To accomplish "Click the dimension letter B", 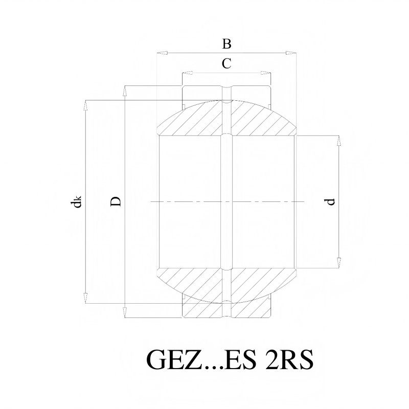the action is click(x=226, y=44).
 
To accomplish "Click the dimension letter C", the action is click(x=226, y=63).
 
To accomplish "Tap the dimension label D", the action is click(x=116, y=201).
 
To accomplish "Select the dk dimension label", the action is click(x=76, y=201).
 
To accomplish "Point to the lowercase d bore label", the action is click(x=330, y=202).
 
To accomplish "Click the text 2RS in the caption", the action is click(x=289, y=359).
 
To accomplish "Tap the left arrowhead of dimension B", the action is click(x=162, y=53).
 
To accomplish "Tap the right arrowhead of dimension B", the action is click(x=291, y=53).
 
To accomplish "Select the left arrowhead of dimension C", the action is click(x=187, y=73).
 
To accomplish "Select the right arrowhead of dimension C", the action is click(x=266, y=73).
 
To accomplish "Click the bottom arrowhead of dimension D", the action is click(x=125, y=313).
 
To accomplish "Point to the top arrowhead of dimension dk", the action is click(x=85, y=105).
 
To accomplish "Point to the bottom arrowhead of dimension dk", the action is click(x=85, y=298).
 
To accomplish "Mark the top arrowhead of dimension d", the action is click(x=339, y=141).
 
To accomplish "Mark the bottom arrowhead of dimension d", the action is click(x=339, y=263).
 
